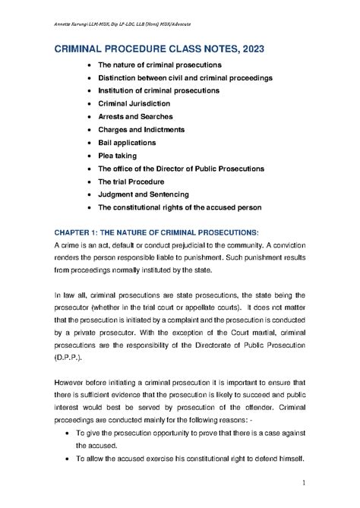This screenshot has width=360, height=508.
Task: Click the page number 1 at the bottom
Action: coord(303,483)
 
